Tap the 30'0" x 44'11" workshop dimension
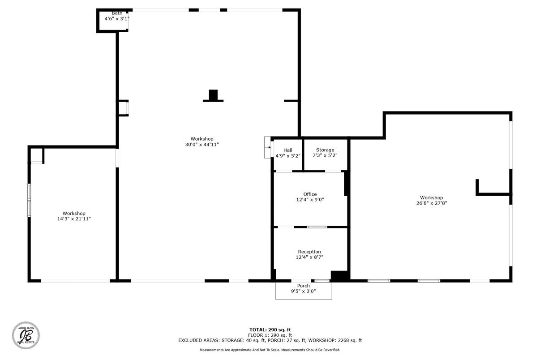click(201, 144)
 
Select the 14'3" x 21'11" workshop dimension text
click(74, 219)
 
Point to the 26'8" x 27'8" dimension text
click(431, 203)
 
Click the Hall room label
click(287, 150)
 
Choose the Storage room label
click(325, 150)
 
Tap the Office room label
click(310, 194)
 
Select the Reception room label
click(309, 252)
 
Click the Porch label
click(304, 286)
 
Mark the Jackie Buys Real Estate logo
click(26, 336)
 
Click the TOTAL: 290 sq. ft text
click(270, 330)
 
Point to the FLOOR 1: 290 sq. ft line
click(270, 335)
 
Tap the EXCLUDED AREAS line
click(270, 340)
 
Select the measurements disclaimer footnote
click(270, 350)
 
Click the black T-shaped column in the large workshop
click(213, 96)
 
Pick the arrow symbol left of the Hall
click(268, 147)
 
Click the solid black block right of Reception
click(339, 276)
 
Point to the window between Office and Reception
click(317, 227)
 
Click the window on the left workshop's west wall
click(29, 199)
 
